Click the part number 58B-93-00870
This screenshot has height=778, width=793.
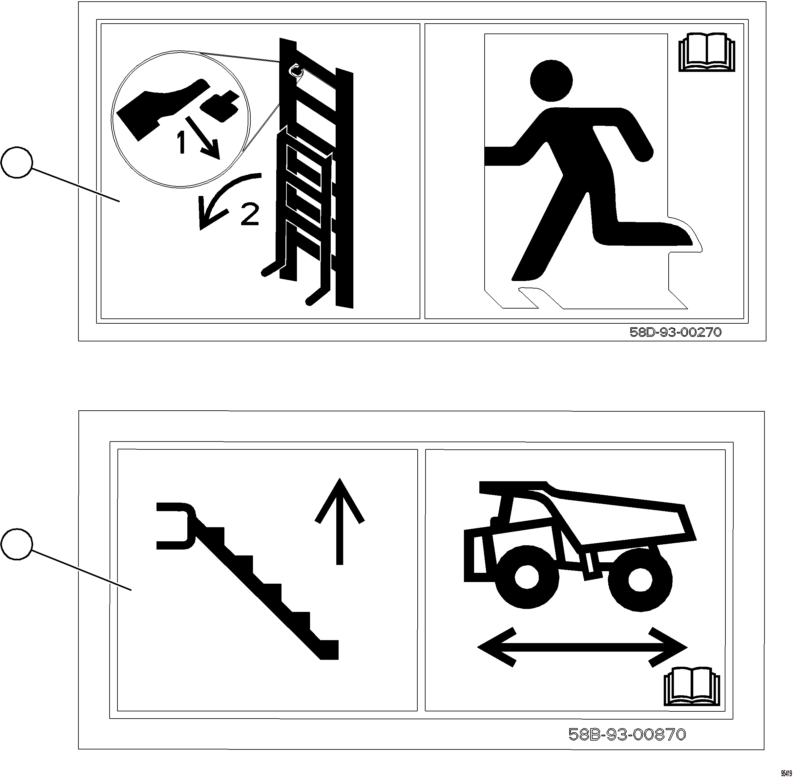click(x=627, y=734)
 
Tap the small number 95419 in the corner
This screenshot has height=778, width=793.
click(x=786, y=773)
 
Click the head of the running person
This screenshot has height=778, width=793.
click(x=551, y=80)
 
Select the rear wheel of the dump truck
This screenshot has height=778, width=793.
click(x=639, y=580)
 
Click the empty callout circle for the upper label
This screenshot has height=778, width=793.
click(x=17, y=162)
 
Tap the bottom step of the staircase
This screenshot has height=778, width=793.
click(x=329, y=649)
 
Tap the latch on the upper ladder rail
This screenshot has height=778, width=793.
click(x=296, y=70)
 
